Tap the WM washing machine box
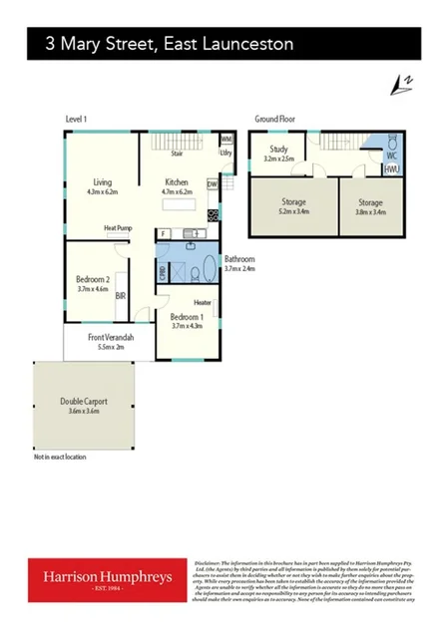226,140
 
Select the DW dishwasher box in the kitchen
212,184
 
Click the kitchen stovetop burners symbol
213,214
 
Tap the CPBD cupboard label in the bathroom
162,270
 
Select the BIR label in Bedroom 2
120,295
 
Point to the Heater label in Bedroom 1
203,303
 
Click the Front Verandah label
111,337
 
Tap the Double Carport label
84,402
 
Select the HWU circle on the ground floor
392,169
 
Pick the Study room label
278,150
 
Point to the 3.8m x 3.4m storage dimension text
371,211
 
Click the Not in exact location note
60,457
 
